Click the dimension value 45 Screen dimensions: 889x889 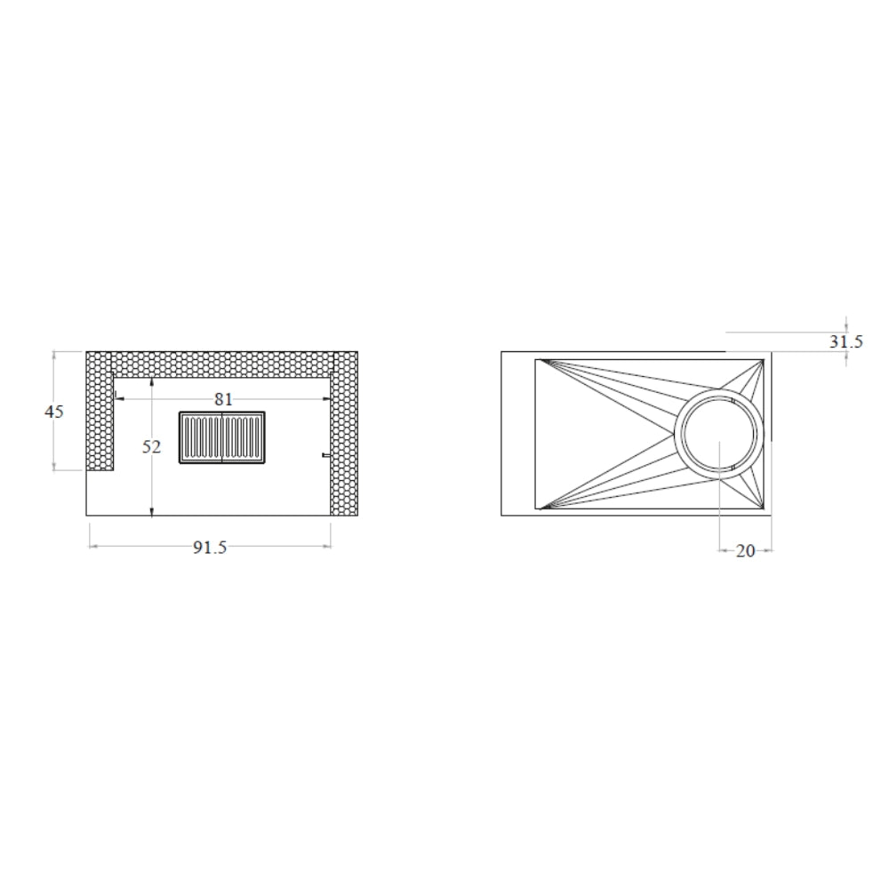pos(54,412)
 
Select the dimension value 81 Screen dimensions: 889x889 pos(223,400)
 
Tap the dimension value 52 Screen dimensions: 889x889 pos(151,447)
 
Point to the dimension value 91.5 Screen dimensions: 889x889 pos(210,547)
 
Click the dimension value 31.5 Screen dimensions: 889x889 pos(846,341)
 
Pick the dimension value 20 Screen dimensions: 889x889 pos(746,550)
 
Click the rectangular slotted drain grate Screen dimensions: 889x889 pos(222,437)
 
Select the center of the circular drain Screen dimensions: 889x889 pos(719,434)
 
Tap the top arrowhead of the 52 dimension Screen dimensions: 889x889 pos(151,382)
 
